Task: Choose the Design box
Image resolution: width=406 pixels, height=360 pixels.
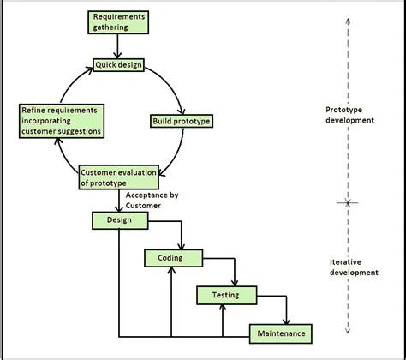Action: pos(119,220)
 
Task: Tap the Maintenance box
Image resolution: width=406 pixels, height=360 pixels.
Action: pos(278,332)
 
